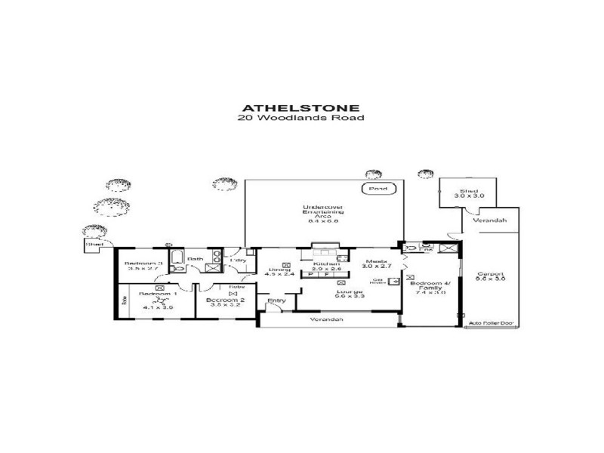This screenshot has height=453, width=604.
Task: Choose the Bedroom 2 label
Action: pyautogui.click(x=223, y=300)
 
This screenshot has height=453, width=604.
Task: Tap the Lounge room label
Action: pyautogui.click(x=329, y=291)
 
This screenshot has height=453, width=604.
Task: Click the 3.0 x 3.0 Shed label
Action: pyautogui.click(x=461, y=193)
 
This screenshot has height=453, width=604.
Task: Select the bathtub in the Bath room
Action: pyautogui.click(x=178, y=263)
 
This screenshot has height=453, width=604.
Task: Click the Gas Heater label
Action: pyautogui.click(x=380, y=282)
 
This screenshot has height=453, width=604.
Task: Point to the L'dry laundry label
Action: pyautogui.click(x=238, y=260)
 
